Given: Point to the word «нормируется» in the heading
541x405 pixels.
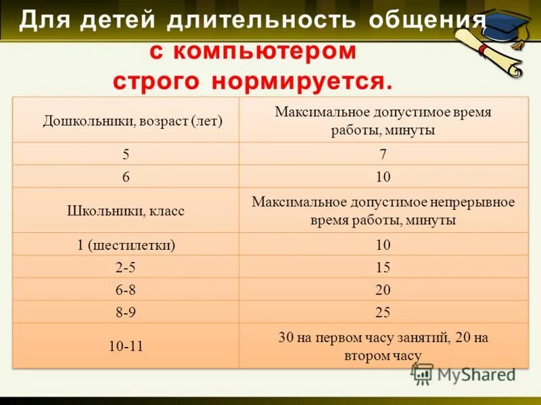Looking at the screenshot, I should pyautogui.click(x=302, y=82).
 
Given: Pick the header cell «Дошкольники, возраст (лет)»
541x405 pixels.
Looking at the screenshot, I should pyautogui.click(x=133, y=121).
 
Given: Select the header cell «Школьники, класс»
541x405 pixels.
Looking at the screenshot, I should pyautogui.click(x=126, y=211).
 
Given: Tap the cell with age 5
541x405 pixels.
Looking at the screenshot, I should pyautogui.click(x=126, y=154).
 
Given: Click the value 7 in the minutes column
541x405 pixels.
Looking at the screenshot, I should pyautogui.click(x=383, y=154).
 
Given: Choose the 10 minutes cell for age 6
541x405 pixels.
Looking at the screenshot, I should pyautogui.click(x=383, y=177).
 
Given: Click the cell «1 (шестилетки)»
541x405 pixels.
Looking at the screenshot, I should pyautogui.click(x=126, y=245).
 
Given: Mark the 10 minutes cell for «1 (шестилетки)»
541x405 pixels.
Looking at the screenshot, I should pyautogui.click(x=383, y=245).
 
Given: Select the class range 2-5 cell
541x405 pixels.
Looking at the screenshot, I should pyautogui.click(x=126, y=267).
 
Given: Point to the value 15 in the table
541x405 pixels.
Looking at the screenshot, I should pyautogui.click(x=383, y=267).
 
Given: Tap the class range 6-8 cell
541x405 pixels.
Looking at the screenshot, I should pyautogui.click(x=126, y=290).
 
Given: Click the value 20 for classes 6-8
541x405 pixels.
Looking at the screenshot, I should pyautogui.click(x=383, y=290).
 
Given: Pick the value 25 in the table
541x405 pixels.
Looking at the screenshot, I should pyautogui.click(x=383, y=313).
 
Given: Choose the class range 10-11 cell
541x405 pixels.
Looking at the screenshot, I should pyautogui.click(x=126, y=346).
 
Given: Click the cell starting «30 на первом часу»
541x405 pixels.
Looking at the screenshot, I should pyautogui.click(x=383, y=346).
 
